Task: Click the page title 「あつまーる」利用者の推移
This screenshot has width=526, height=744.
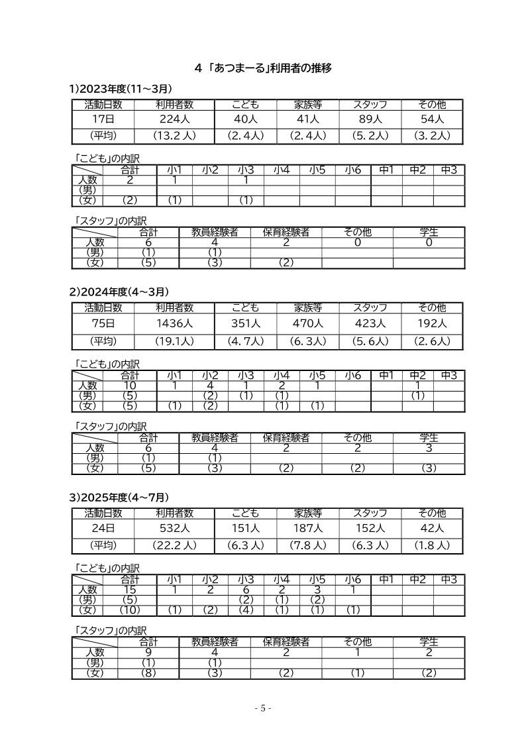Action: tap(263, 68)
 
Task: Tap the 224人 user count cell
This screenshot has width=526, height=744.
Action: tap(174, 119)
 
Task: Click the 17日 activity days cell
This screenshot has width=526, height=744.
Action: tap(103, 119)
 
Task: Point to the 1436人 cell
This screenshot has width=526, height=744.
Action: tap(174, 323)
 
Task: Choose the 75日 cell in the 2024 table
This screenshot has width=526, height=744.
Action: tap(103, 323)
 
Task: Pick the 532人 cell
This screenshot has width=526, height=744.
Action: tap(174, 528)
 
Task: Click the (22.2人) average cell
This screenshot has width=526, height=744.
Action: tap(174, 545)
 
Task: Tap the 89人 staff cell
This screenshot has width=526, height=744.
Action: tap(370, 119)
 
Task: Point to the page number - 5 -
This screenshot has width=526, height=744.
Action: tap(263, 708)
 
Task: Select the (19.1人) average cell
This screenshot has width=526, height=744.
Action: tap(174, 341)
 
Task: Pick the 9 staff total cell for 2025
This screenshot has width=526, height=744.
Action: tap(148, 652)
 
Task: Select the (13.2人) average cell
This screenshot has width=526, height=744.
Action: tap(174, 136)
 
